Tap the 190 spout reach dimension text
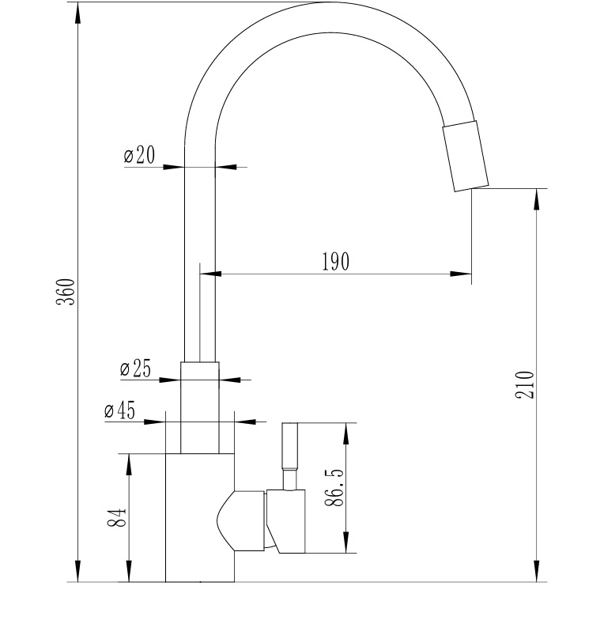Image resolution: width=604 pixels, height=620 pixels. (335, 262)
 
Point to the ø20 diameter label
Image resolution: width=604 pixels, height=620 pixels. (139, 156)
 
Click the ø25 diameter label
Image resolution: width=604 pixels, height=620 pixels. (136, 369)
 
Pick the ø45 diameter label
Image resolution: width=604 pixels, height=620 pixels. (119, 411)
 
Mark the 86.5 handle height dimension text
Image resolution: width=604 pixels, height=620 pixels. (334, 487)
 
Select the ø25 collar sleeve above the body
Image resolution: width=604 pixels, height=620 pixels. (199, 408)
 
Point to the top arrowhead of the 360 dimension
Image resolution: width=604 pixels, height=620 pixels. (77, 11)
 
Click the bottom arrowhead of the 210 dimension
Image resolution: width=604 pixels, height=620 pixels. (538, 574)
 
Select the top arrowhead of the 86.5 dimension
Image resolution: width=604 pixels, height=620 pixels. (345, 430)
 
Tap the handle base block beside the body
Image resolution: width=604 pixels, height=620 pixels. (286, 520)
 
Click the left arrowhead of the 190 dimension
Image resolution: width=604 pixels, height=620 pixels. (208, 274)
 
